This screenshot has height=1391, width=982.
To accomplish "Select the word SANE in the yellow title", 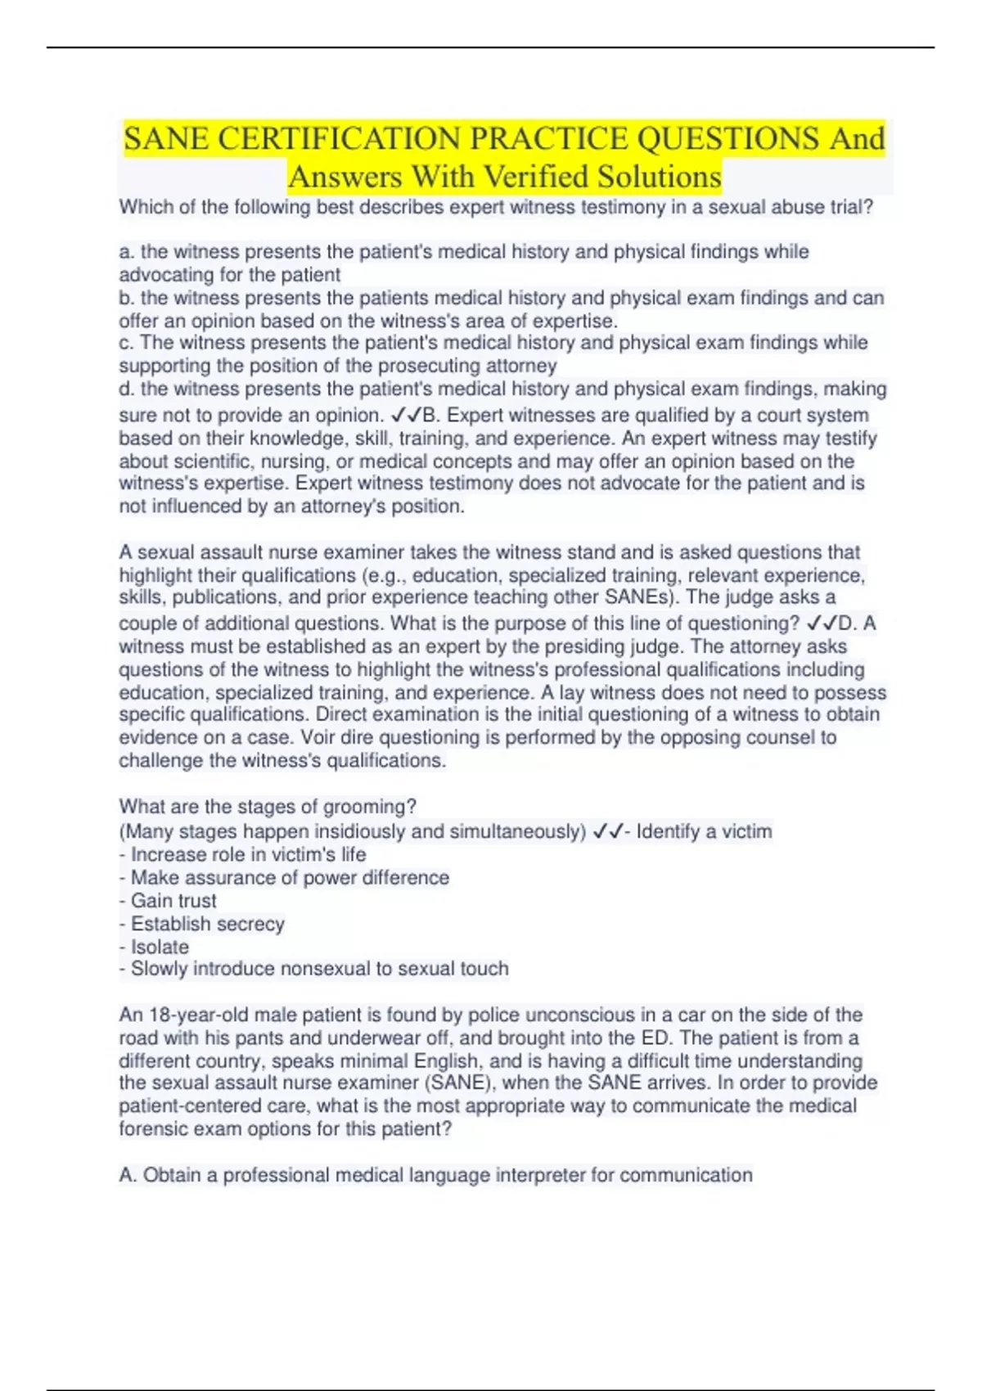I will coord(166,139).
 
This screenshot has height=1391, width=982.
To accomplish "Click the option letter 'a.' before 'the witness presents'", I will coord(127,252).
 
